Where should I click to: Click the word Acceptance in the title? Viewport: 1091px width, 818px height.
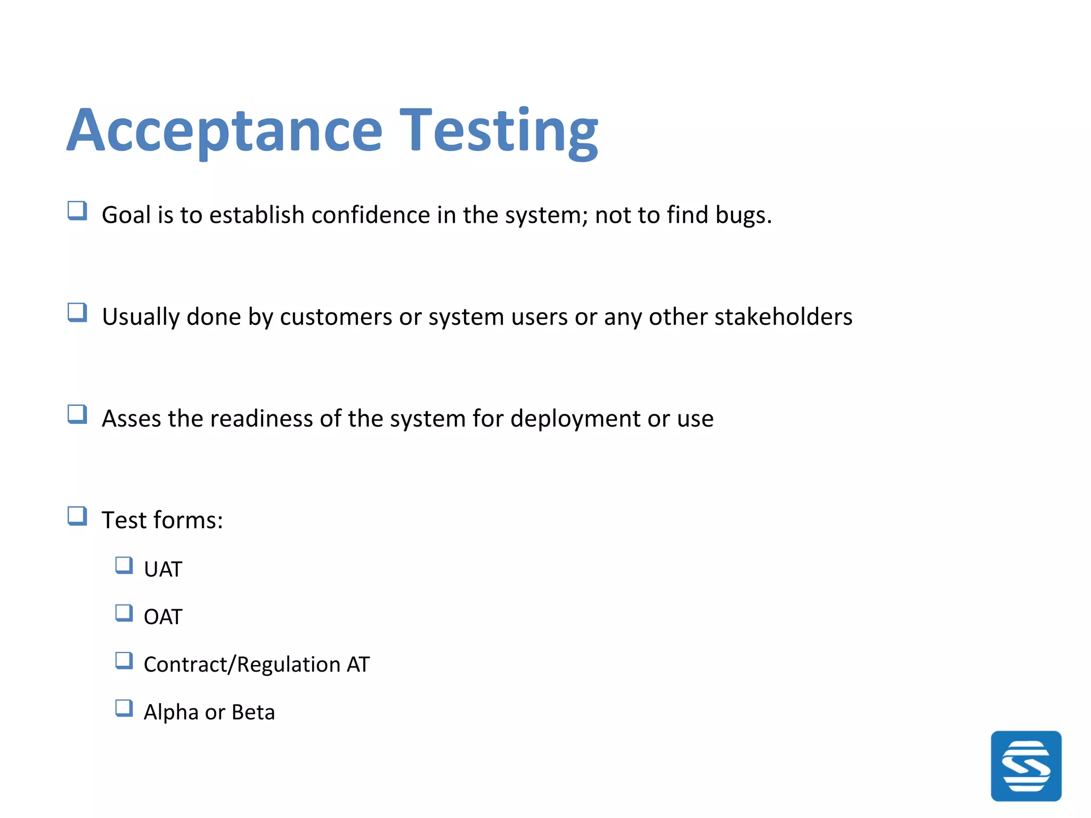(224, 130)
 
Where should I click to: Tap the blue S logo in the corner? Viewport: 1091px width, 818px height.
(1025, 766)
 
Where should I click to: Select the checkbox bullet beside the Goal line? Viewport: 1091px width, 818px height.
(77, 211)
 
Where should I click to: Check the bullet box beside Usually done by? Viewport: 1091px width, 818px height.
(77, 313)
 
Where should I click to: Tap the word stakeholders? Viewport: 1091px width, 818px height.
(783, 317)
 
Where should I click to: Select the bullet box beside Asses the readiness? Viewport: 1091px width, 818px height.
(77, 414)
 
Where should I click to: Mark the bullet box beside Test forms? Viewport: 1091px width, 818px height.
(77, 516)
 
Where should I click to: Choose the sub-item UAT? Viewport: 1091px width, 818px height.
(163, 569)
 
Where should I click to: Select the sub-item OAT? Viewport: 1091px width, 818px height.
(163, 617)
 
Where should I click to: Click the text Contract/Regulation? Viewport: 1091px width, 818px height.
(242, 665)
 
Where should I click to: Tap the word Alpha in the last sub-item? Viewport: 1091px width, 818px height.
(170, 712)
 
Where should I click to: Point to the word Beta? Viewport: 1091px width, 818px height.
(253, 712)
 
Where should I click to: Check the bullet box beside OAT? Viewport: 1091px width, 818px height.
(124, 613)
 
